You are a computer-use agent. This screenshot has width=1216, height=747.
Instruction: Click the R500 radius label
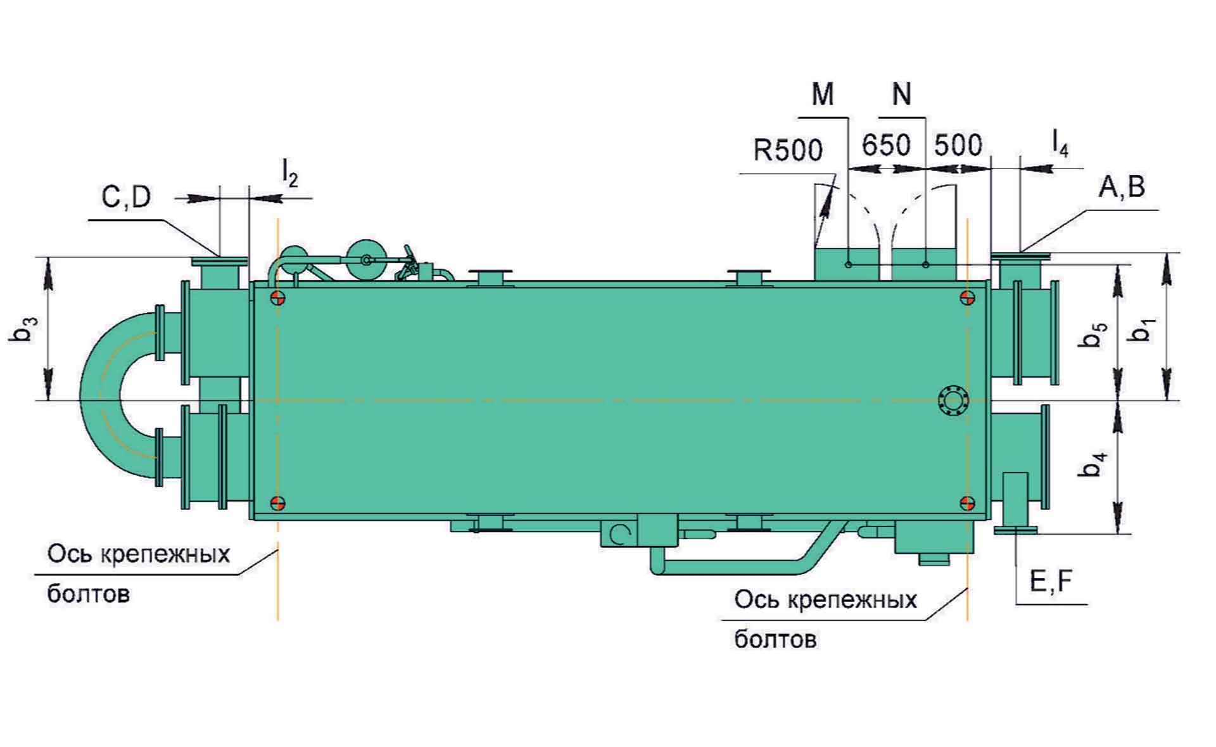click(x=788, y=151)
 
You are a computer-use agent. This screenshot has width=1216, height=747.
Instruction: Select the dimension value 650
click(x=886, y=145)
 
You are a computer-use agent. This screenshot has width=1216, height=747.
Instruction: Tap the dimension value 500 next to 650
click(x=958, y=145)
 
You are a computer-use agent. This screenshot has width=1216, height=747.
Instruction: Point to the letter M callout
click(x=823, y=95)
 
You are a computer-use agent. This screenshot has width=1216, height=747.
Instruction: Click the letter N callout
click(x=901, y=95)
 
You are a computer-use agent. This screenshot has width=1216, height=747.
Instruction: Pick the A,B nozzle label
click(x=1122, y=187)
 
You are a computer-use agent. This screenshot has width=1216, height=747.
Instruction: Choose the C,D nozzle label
click(x=127, y=197)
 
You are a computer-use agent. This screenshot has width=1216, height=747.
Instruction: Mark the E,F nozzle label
click(x=1051, y=581)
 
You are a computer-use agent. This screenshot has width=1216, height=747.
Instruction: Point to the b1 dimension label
click(x=1144, y=329)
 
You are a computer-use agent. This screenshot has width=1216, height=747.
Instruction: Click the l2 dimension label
click(x=289, y=172)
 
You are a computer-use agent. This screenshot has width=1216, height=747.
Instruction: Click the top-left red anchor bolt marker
click(x=277, y=298)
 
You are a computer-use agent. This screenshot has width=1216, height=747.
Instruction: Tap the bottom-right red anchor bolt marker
click(x=967, y=503)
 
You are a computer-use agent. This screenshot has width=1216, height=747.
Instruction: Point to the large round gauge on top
click(x=366, y=259)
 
